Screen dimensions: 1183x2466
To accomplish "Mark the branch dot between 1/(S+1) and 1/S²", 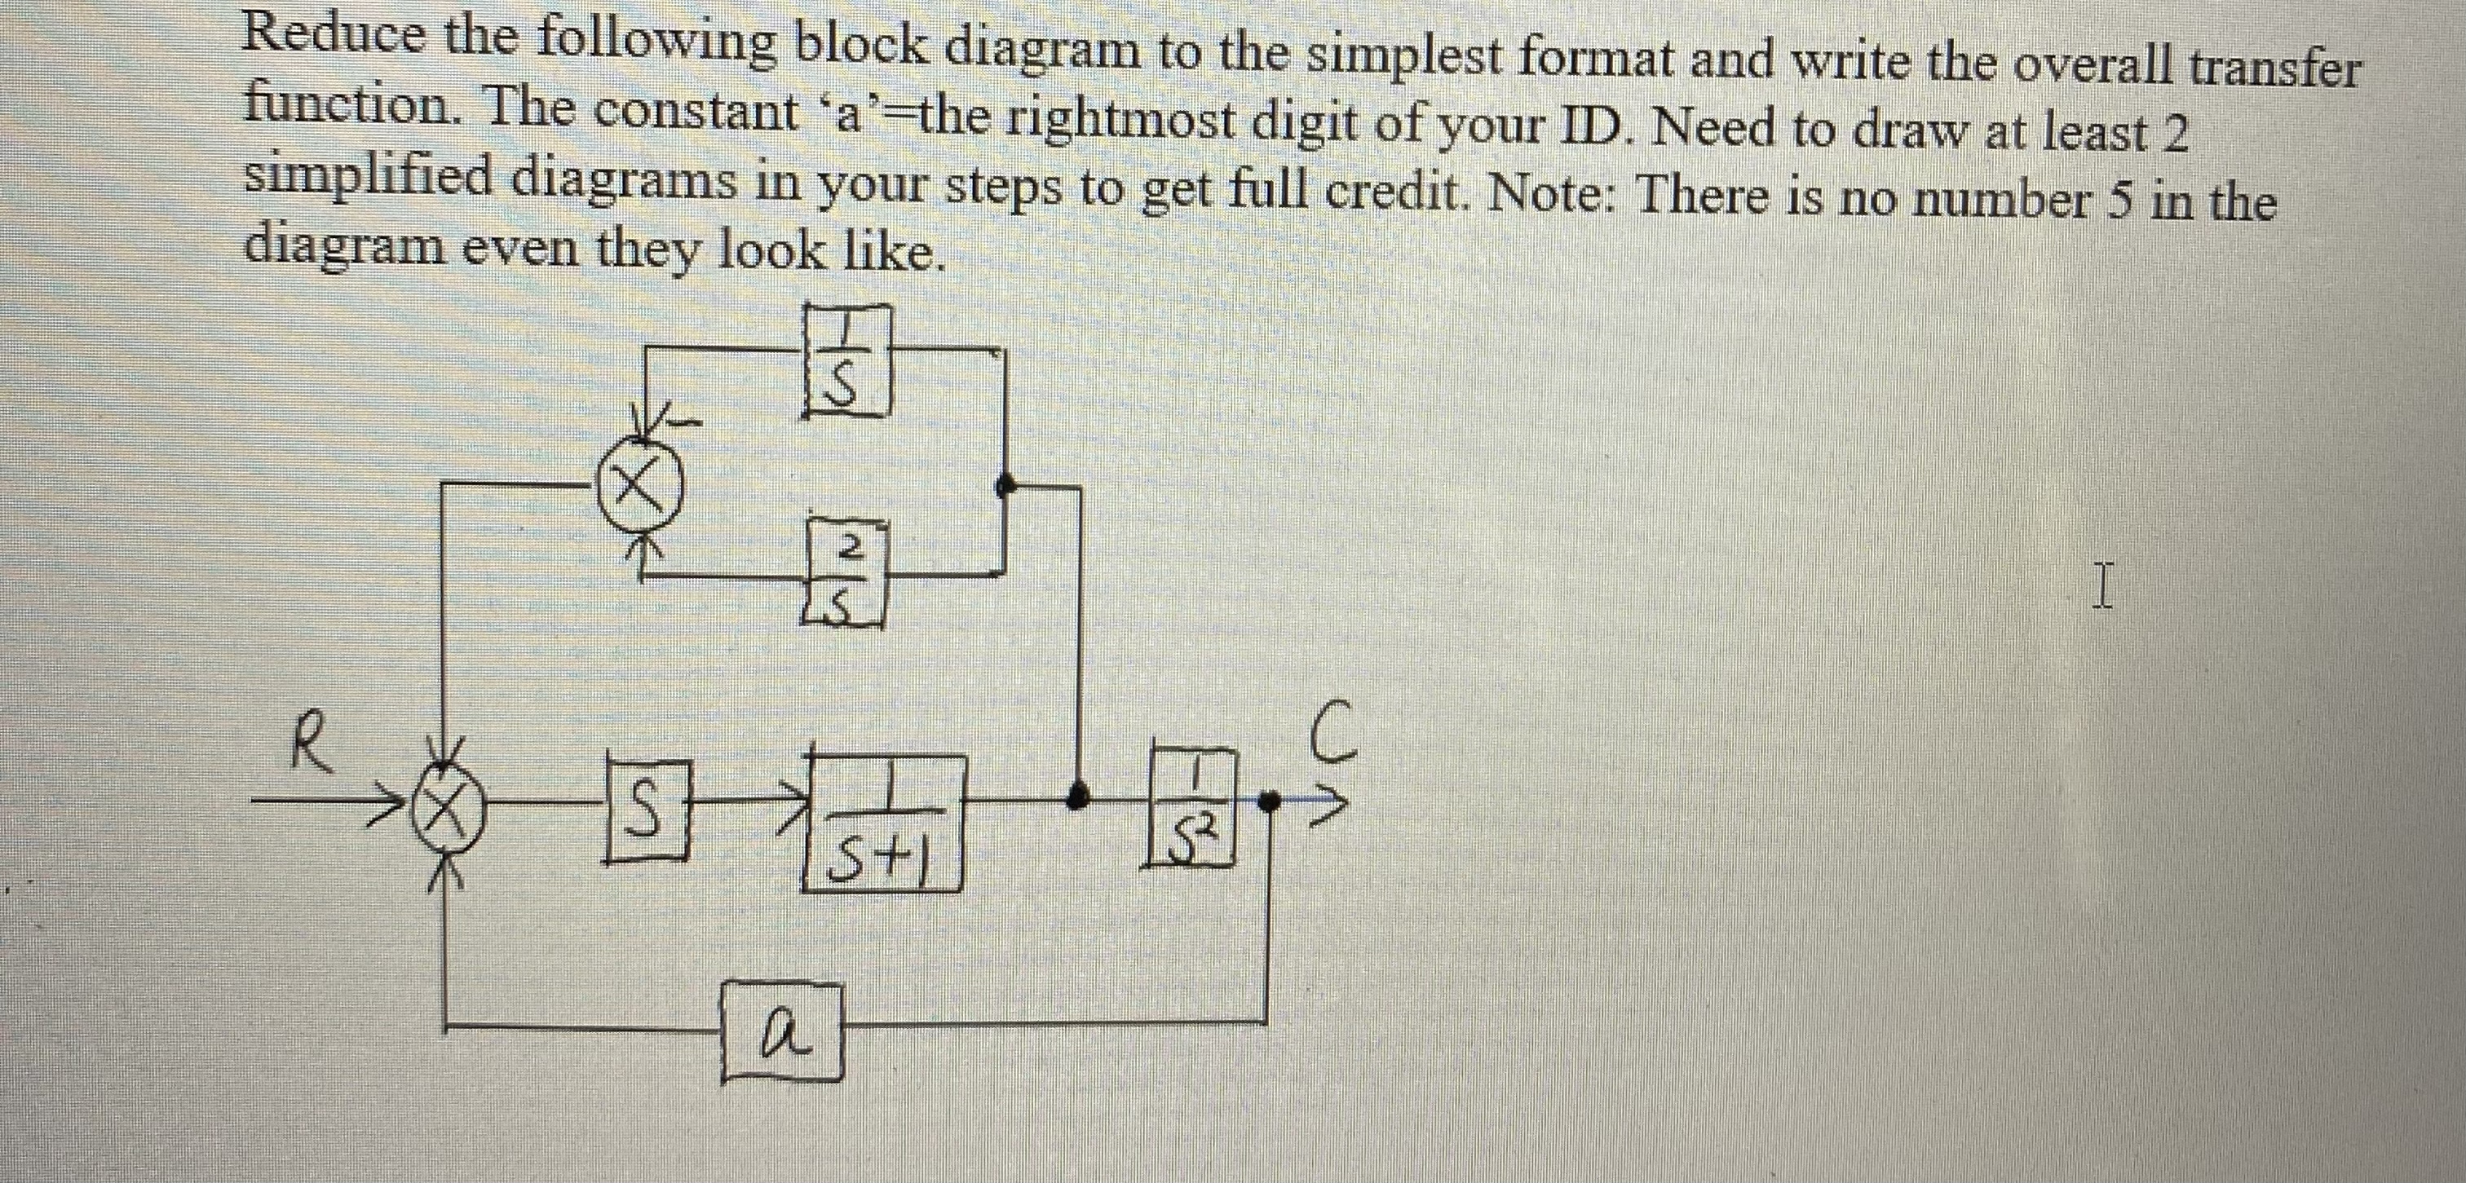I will click(1079, 793).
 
